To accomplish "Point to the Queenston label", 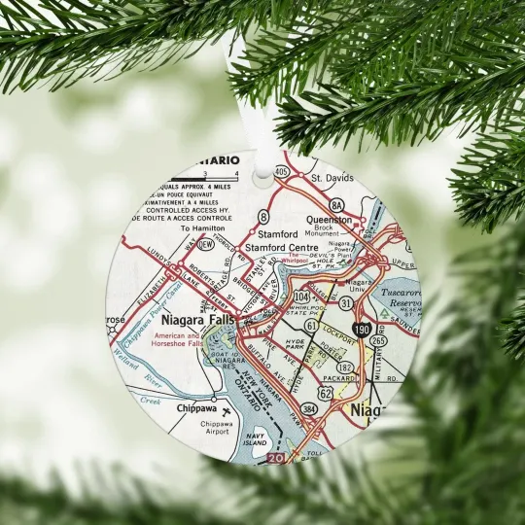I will [x=329, y=220].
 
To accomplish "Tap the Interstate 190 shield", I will [x=361, y=332].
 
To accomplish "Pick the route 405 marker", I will [x=282, y=172].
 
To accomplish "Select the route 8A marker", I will [x=336, y=204].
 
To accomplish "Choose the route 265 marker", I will [x=376, y=340].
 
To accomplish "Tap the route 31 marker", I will [x=346, y=303].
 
